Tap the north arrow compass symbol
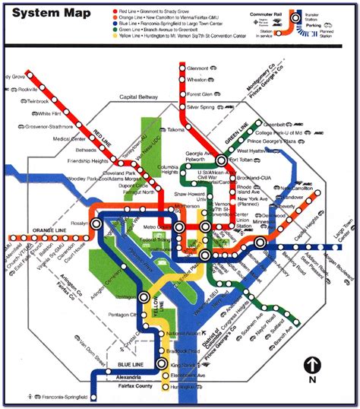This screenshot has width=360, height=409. point(311,366)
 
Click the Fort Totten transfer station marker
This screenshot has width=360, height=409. point(221,160)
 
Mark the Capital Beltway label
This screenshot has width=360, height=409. point(140,97)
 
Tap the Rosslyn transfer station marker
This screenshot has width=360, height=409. point(96,225)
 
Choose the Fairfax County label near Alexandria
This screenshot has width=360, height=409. point(134,386)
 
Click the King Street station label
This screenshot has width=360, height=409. point(183,366)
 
